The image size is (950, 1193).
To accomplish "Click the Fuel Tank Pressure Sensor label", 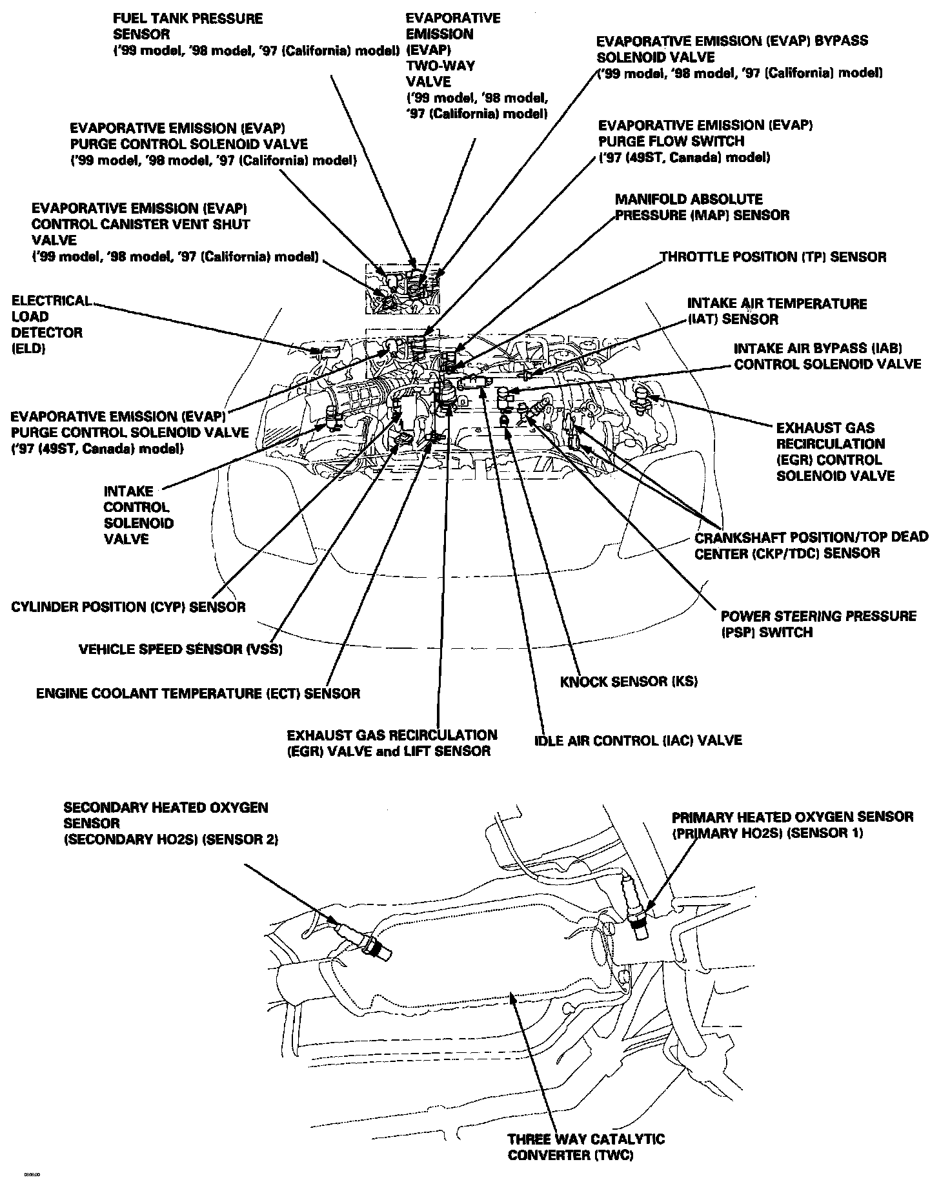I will [x=188, y=26].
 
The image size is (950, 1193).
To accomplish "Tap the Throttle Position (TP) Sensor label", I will [x=773, y=257].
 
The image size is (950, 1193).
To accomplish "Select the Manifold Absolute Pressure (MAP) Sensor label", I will [x=702, y=207].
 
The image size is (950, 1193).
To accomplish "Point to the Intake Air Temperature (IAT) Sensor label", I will [x=776, y=311].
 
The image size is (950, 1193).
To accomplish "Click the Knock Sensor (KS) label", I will [x=629, y=681].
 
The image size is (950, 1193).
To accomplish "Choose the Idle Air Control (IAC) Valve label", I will [x=638, y=740].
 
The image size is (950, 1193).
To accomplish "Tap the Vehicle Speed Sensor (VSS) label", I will [x=180, y=649].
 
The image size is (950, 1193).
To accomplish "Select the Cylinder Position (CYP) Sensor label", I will [x=128, y=607].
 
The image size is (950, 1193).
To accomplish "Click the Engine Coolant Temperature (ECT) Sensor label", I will [x=197, y=693].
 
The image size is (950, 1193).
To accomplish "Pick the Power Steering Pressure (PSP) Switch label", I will [x=818, y=624].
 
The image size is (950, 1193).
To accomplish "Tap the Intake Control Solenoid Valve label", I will [x=138, y=515].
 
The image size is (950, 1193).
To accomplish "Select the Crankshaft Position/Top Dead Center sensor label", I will [x=811, y=545].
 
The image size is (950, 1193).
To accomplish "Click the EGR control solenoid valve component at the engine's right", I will [x=643, y=395].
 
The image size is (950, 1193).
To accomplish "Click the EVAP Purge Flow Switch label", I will [x=704, y=141].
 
